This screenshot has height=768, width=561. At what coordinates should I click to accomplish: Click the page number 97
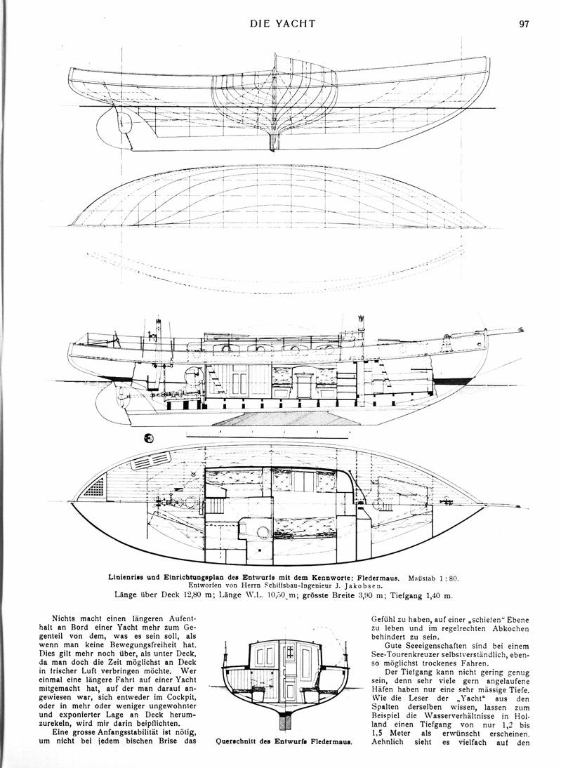(x=524, y=24)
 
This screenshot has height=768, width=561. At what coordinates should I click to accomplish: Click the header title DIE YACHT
(x=282, y=23)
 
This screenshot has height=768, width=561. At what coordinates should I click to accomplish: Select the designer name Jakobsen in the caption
(x=365, y=585)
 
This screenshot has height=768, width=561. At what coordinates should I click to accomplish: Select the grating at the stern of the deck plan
(x=94, y=486)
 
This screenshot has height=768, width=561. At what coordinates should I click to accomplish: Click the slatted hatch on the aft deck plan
(x=151, y=460)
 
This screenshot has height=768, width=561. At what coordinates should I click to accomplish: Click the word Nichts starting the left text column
(x=62, y=618)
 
